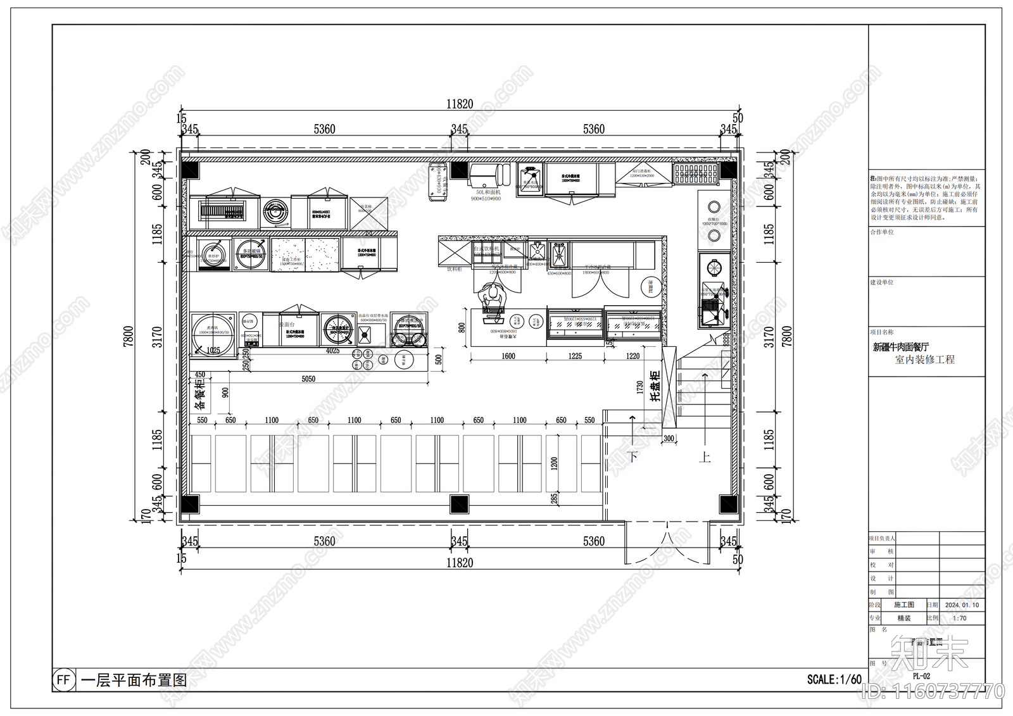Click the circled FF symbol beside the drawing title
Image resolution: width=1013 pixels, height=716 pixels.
tap(63, 680)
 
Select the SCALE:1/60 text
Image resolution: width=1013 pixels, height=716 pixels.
tap(834, 680)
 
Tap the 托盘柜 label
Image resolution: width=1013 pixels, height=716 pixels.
tap(655, 386)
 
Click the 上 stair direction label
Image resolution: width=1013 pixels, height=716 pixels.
tap(705, 456)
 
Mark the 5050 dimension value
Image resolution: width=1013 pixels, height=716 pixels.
tap(308, 379)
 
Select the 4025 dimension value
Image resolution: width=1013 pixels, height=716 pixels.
tap(332, 351)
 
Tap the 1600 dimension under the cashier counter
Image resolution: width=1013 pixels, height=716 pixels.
tap(508, 356)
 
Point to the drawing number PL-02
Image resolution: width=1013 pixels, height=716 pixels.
tap(921, 676)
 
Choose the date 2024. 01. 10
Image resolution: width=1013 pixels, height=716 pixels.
tap(962, 605)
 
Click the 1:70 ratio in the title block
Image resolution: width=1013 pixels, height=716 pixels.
tap(959, 619)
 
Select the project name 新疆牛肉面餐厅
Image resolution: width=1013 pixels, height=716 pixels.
tap(901, 347)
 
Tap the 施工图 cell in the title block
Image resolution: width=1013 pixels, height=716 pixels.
tap(903, 605)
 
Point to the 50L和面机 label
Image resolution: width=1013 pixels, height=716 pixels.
tap(486, 192)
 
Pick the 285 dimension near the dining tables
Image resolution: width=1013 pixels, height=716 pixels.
tap(554, 498)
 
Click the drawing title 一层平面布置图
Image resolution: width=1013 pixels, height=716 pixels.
tap(134, 681)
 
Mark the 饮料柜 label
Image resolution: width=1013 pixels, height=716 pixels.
tap(455, 269)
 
